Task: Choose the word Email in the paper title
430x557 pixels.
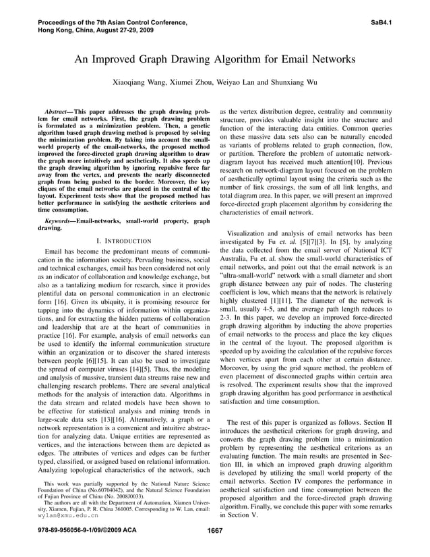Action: coord(300,59)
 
